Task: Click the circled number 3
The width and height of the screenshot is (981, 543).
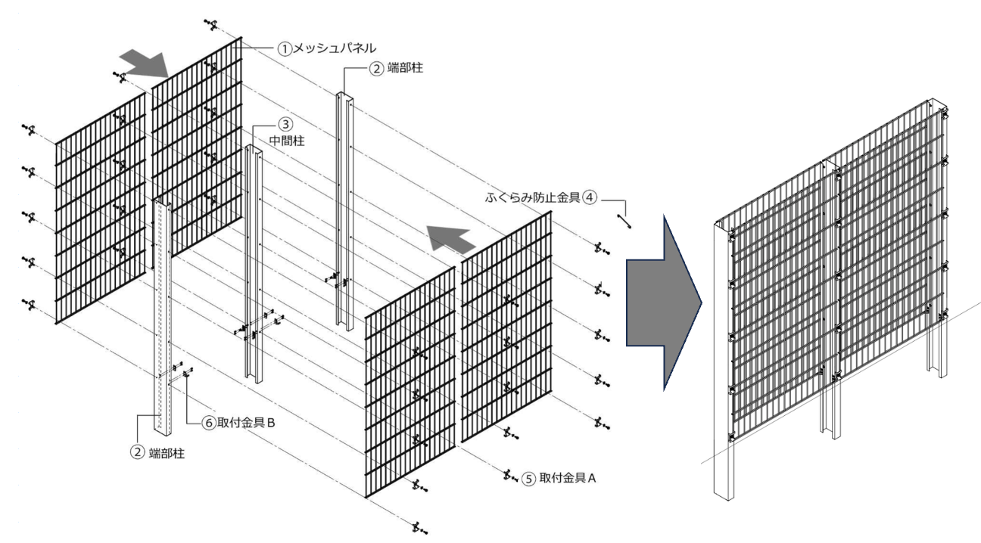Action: (x=284, y=123)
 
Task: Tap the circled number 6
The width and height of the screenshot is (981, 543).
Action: (x=209, y=424)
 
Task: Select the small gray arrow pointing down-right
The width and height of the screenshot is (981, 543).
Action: (x=145, y=65)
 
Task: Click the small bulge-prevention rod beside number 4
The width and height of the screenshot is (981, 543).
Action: (x=624, y=222)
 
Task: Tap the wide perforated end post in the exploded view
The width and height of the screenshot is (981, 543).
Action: (x=165, y=318)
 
